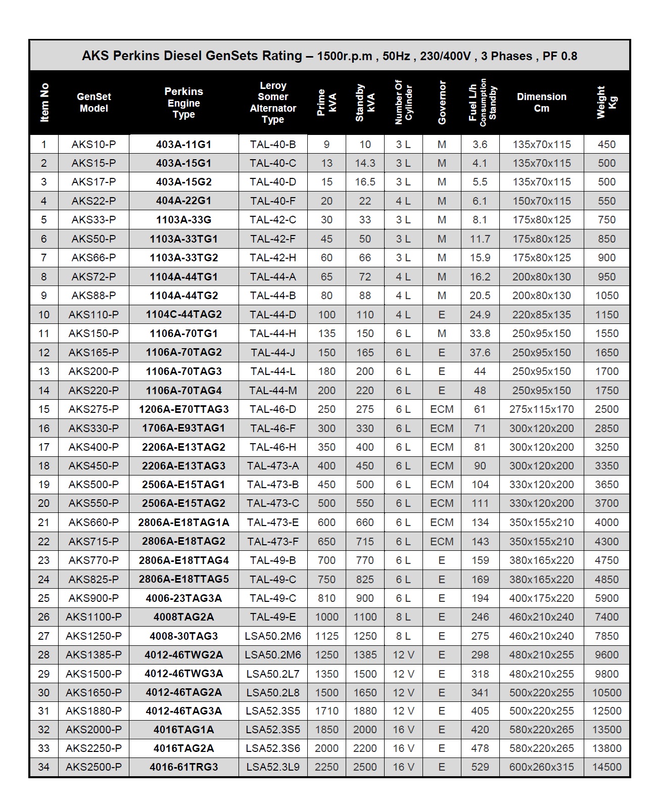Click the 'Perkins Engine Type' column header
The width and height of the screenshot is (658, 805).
pos(183,103)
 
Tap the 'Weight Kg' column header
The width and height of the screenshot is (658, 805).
pos(606,103)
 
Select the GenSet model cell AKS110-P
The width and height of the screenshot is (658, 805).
pos(93,314)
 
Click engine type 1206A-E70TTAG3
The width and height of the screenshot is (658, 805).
pos(183,409)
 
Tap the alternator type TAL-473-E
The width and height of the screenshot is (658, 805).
pos(273,523)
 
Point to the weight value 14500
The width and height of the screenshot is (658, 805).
pos(606,767)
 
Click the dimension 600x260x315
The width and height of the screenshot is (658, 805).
pos(541,767)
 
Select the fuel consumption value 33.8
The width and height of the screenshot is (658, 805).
pos(480,334)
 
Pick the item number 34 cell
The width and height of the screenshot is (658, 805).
pos(44,767)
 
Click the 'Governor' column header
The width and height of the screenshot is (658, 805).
pos(442,103)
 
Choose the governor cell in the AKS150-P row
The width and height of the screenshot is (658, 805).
pos(442,334)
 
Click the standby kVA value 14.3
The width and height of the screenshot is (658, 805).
pos(365,163)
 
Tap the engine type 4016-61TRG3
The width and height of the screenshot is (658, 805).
pos(183,767)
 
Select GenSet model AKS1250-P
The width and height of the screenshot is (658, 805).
pos(93,636)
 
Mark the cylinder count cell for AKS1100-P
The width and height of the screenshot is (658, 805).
pos(403,617)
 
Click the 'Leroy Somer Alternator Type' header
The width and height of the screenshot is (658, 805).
pos(273,103)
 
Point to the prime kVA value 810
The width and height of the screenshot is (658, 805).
pos(326,598)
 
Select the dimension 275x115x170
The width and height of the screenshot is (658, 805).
pos(541,409)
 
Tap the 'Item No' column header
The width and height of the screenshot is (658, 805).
pos(44,103)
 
